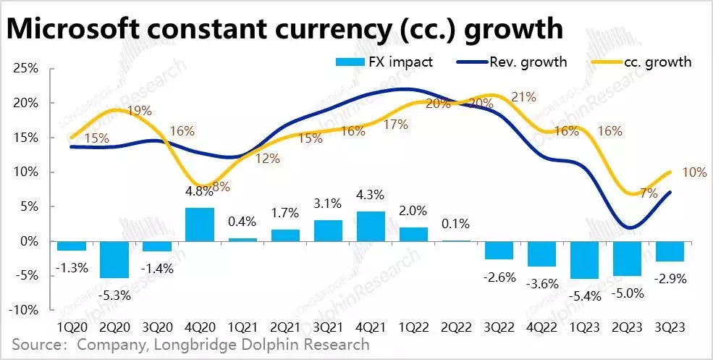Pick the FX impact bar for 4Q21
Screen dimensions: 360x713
pyautogui.click(x=370, y=226)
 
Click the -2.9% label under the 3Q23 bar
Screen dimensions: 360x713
pyautogui.click(x=671, y=277)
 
